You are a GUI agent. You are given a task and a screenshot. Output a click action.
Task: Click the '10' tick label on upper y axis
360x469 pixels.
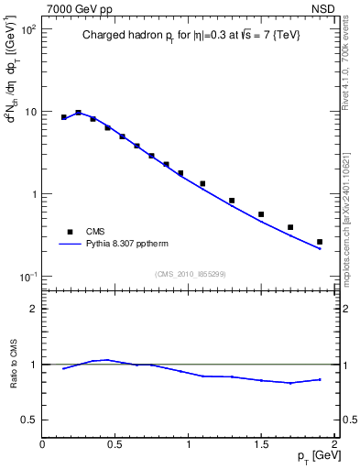(29, 112)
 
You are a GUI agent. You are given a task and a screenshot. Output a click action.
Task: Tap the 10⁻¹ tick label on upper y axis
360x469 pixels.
(27, 277)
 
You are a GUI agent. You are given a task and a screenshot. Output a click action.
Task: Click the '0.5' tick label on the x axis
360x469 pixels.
(115, 444)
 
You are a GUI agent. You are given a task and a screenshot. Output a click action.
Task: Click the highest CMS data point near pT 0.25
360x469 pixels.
(79, 113)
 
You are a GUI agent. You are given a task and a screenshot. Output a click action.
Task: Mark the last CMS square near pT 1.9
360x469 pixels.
(320, 242)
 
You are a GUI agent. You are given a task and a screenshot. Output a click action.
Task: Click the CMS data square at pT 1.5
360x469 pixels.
(261, 214)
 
